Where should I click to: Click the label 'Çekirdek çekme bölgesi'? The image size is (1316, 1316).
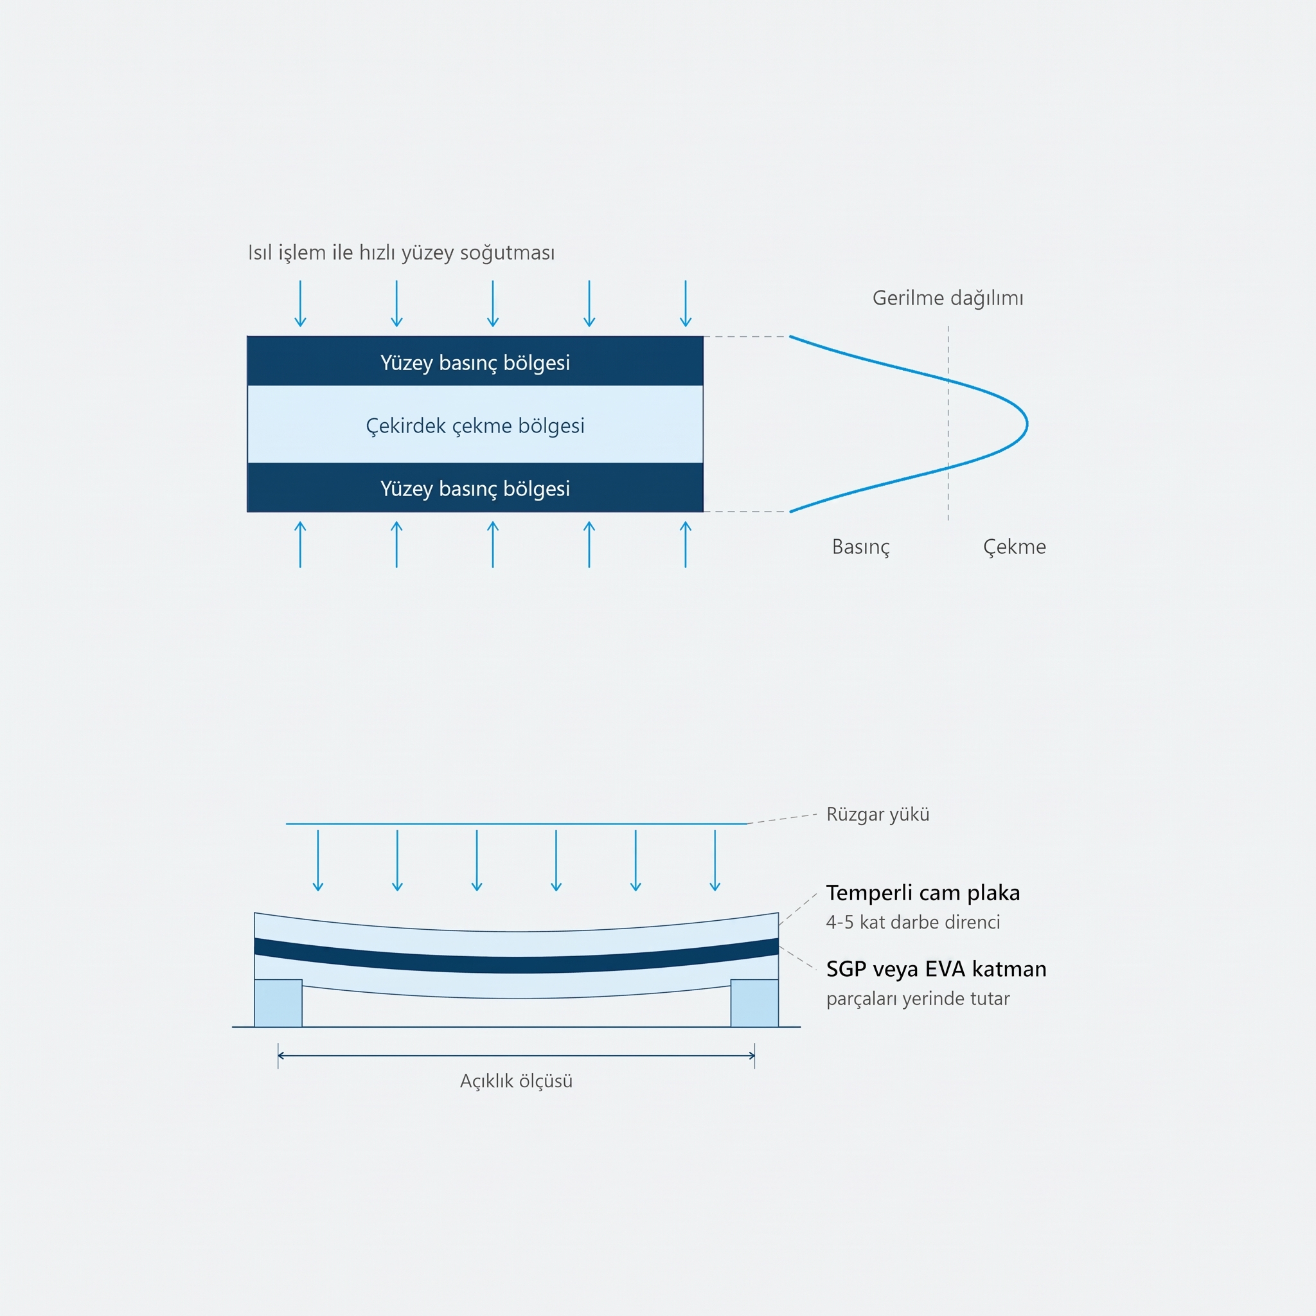475,426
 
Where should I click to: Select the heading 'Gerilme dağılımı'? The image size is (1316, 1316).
948,298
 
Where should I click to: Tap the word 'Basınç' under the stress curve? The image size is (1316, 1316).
861,547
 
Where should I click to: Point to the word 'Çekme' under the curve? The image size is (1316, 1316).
1014,547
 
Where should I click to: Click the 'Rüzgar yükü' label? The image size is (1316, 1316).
877,814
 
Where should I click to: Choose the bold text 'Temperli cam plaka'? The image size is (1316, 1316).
923,893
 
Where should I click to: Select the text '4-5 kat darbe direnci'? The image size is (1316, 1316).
912,922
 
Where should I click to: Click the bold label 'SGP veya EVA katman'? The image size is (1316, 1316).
936,968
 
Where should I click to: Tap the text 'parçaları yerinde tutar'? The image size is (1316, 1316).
918,999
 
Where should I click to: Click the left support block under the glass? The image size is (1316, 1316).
278,1002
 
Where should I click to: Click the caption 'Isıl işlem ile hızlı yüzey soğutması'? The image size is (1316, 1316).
401,253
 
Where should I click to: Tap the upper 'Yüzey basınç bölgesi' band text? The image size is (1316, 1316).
475,362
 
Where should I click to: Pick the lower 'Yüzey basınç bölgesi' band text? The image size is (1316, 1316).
475,488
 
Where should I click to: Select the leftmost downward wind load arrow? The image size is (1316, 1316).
318,860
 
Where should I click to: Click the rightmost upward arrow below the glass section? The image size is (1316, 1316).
685,544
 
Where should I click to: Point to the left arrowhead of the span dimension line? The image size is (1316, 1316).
280,1056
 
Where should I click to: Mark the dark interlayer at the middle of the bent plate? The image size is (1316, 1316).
517,965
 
